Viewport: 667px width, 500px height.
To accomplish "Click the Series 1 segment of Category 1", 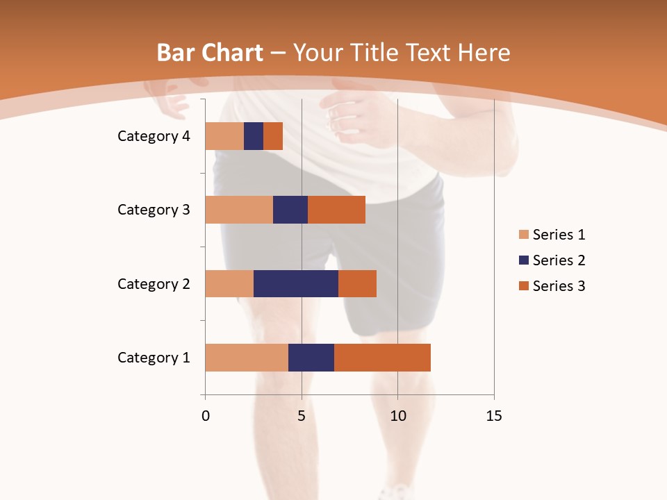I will (247, 358).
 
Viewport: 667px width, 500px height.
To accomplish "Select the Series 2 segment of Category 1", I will (311, 358).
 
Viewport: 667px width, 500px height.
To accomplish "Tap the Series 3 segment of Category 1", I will (382, 358).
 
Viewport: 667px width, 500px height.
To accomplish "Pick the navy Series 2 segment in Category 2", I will (296, 283).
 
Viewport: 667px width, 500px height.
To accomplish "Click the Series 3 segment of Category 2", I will (357, 283).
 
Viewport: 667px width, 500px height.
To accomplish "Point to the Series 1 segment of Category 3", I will (239, 210).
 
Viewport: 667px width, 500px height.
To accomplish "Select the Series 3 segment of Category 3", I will (336, 210).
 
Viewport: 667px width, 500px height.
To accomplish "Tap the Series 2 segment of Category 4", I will (254, 136).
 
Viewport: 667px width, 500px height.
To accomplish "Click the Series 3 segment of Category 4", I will (273, 136).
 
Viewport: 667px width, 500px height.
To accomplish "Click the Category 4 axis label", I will (154, 136).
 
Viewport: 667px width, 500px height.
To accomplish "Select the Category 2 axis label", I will (154, 283).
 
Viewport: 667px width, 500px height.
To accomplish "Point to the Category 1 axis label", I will (154, 358).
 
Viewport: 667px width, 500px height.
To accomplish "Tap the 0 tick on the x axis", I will (206, 416).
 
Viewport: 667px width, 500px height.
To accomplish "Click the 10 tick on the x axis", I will (397, 416).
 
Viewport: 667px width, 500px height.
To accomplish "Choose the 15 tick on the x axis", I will (494, 416).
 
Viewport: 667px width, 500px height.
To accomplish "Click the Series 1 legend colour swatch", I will (523, 235).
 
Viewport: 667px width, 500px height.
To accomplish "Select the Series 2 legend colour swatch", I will (523, 260).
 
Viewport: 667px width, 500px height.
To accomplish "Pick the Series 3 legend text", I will (559, 286).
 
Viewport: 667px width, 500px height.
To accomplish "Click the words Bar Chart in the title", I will (209, 53).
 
